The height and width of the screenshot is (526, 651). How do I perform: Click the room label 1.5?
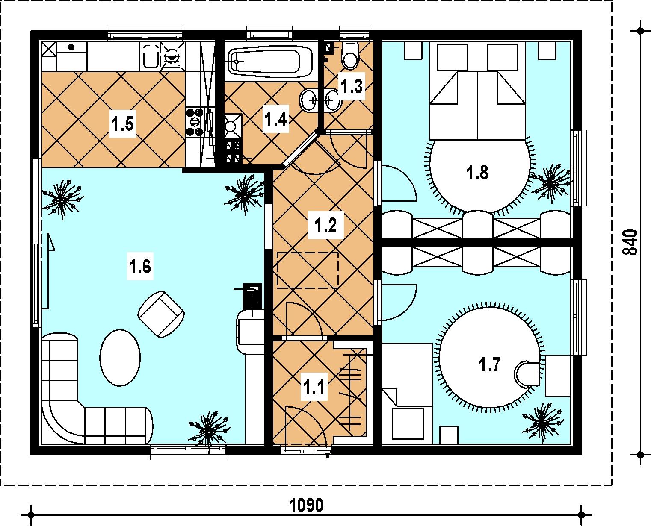coord(123,124)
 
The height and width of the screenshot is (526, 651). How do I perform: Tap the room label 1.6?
coord(140,266)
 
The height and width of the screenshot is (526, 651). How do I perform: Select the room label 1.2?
coord(325,225)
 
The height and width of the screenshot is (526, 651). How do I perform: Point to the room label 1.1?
coord(314,387)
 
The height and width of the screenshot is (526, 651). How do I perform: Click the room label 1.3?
coord(352,86)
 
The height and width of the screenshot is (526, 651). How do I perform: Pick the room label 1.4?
coord(276,119)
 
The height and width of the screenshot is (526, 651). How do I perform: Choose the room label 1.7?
coord(489,364)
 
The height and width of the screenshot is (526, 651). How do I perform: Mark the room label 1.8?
coord(477,173)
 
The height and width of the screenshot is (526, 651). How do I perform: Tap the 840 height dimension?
coord(630,242)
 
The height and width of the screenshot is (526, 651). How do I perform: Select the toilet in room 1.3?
coord(350,55)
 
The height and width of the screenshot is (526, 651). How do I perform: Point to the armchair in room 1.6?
coord(161,314)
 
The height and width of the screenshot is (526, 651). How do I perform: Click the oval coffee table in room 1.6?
coord(120,358)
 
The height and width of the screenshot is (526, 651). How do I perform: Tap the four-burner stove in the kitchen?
coord(195,122)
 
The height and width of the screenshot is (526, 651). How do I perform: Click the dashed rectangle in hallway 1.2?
coord(308,270)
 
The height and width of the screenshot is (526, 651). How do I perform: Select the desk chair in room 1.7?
coord(526,373)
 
